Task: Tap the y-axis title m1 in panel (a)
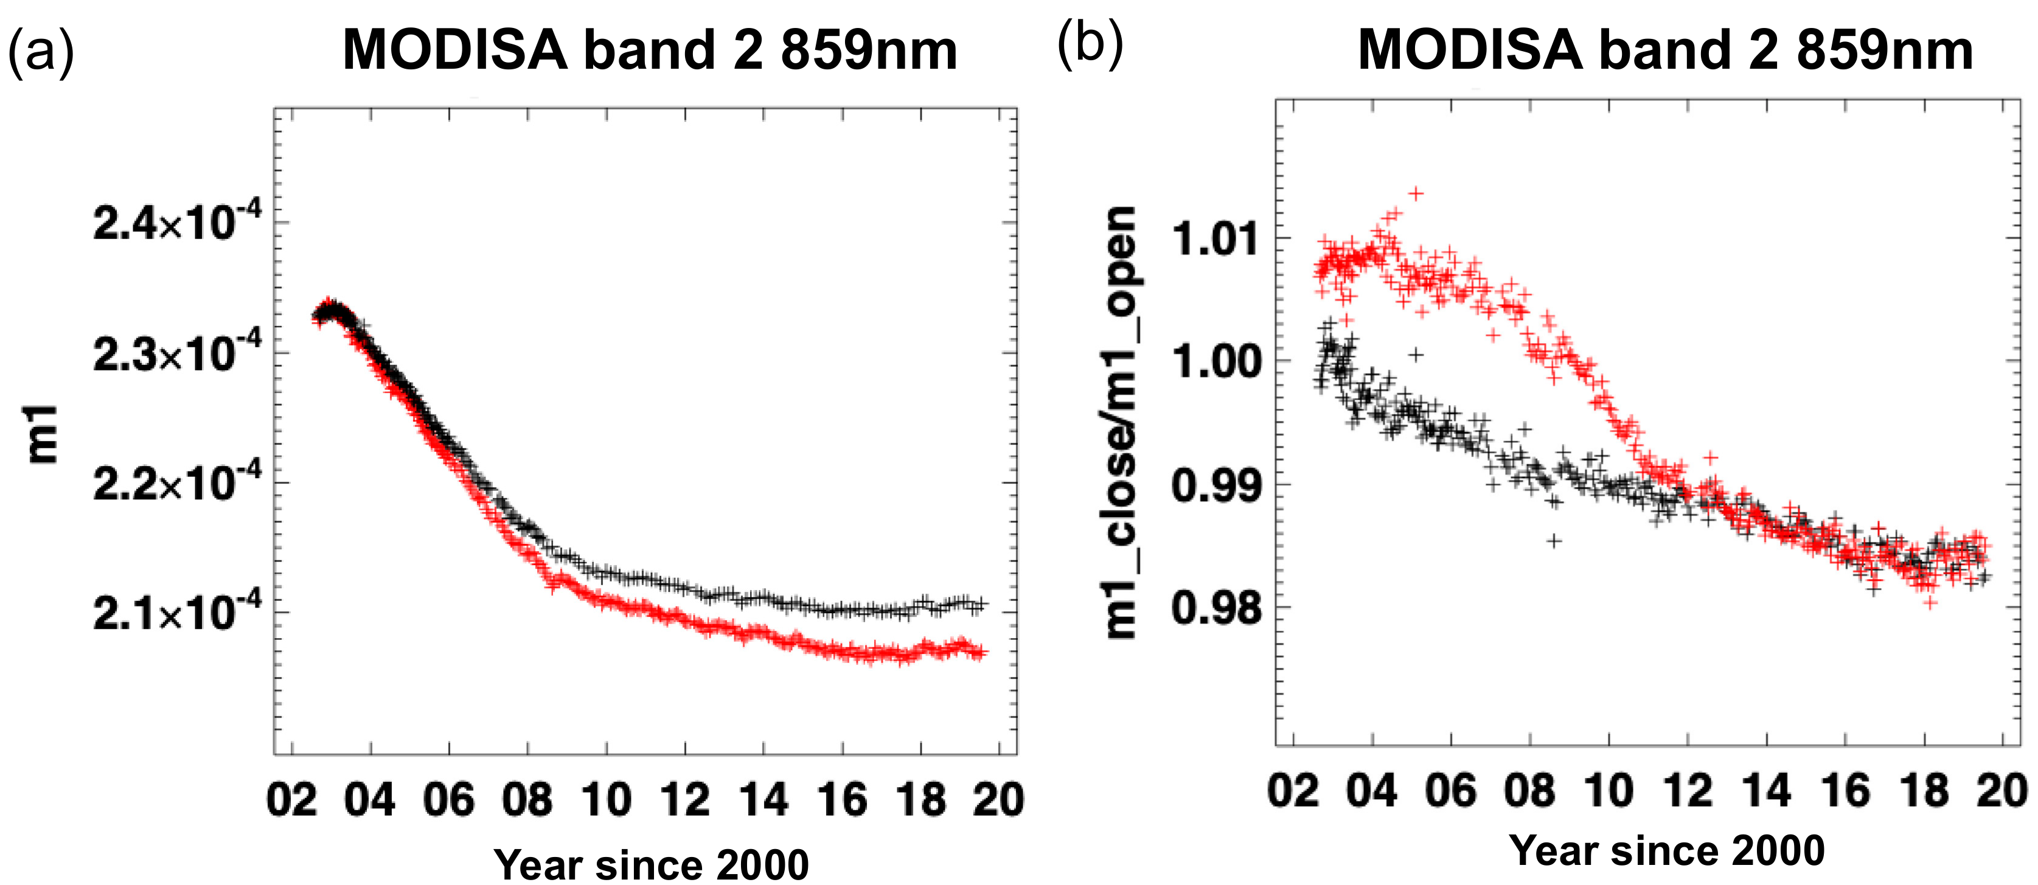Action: click(x=41, y=434)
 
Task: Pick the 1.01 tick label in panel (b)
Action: click(x=1216, y=239)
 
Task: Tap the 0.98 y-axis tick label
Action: click(x=1216, y=608)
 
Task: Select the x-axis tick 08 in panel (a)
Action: click(x=527, y=800)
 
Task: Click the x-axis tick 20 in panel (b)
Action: click(x=2001, y=791)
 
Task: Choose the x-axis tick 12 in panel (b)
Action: click(x=1688, y=791)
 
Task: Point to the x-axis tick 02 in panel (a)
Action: click(x=292, y=800)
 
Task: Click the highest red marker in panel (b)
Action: click(x=1416, y=193)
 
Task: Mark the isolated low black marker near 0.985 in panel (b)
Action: click(x=1554, y=541)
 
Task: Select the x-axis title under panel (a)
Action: click(x=650, y=864)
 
